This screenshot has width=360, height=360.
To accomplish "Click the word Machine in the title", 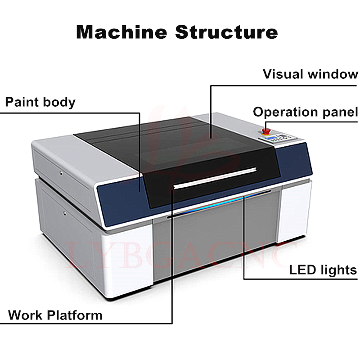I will pos(121,32).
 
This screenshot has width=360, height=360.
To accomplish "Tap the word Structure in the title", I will pos(226,32).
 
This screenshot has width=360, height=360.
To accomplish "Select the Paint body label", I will pos(40,102).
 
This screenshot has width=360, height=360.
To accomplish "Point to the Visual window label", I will pos(310,74).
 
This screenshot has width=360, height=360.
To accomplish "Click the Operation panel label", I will pos(306,112).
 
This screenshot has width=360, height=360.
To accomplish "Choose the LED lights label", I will pos(323,270).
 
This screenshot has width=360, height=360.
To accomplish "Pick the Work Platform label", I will pos(55,315).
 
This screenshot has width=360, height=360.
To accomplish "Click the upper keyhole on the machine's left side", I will pos(61,171).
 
